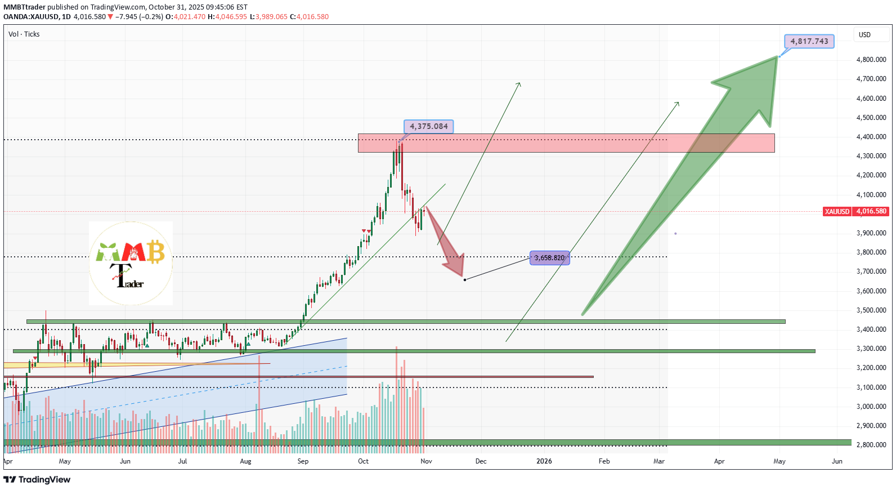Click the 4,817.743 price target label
click(809, 41)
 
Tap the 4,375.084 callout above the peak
click(428, 126)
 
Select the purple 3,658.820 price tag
click(549, 258)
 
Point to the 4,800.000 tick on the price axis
click(871, 60)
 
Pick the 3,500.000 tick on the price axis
click(871, 310)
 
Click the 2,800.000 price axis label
click(871, 445)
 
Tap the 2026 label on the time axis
click(544, 461)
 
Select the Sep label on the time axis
click(303, 461)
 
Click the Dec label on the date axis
click(481, 461)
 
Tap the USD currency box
click(864, 35)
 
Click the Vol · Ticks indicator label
click(24, 34)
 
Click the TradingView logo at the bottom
click(37, 479)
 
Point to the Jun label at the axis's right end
click(837, 461)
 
